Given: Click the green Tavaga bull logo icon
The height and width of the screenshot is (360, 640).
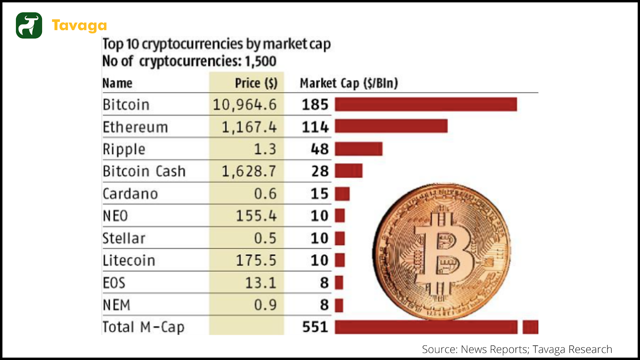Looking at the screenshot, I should pyautogui.click(x=29, y=25).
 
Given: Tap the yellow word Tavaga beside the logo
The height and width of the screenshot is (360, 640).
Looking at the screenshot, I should pyautogui.click(x=79, y=26).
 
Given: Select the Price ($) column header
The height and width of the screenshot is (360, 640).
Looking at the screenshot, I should pyautogui.click(x=256, y=83).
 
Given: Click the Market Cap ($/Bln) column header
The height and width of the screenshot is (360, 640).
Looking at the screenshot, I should pyautogui.click(x=349, y=83).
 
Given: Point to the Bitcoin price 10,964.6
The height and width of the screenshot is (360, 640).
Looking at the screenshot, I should pyautogui.click(x=244, y=105).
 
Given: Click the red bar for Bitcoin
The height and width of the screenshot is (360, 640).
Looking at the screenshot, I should pyautogui.click(x=426, y=104).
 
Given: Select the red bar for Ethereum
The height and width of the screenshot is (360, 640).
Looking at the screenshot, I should pyautogui.click(x=391, y=126).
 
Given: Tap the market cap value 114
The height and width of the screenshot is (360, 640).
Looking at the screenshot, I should pyautogui.click(x=315, y=127).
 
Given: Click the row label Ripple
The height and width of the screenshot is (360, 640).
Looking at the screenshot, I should pyautogui.click(x=124, y=149).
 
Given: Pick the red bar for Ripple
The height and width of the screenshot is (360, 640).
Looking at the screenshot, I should pyautogui.click(x=358, y=149).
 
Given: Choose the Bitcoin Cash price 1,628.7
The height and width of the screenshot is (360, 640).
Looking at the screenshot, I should pyautogui.click(x=249, y=171).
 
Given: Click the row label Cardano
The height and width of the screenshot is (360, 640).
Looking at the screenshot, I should pyautogui.click(x=130, y=194).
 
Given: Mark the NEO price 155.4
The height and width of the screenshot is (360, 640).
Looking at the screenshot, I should pyautogui.click(x=256, y=216).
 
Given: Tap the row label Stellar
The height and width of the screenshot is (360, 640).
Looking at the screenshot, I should pyautogui.click(x=124, y=238).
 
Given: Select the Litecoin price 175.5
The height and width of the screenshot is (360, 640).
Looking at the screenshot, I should pyautogui.click(x=256, y=260).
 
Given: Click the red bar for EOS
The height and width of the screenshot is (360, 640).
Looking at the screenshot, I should pyautogui.click(x=339, y=283).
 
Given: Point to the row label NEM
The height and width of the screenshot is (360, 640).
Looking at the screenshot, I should pyautogui.click(x=116, y=305).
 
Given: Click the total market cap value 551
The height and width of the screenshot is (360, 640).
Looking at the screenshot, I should pyautogui.click(x=315, y=327).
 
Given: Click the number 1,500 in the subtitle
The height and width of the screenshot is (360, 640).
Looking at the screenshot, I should pyautogui.click(x=260, y=61).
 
